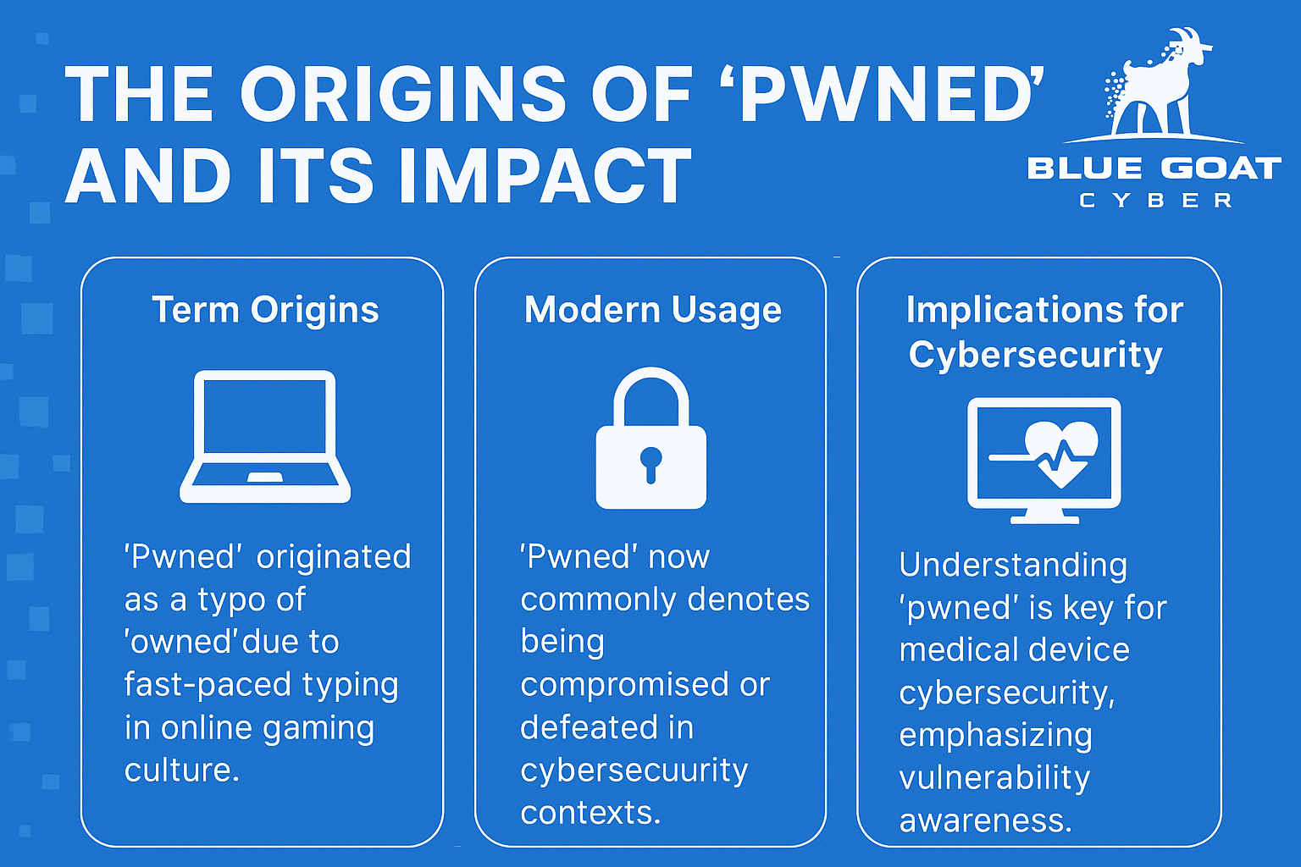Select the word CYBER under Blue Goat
point(1156,201)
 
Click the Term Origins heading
point(265,310)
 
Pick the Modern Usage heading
point(652,311)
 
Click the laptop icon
point(265,436)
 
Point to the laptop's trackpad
point(265,478)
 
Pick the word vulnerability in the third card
point(994,779)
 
